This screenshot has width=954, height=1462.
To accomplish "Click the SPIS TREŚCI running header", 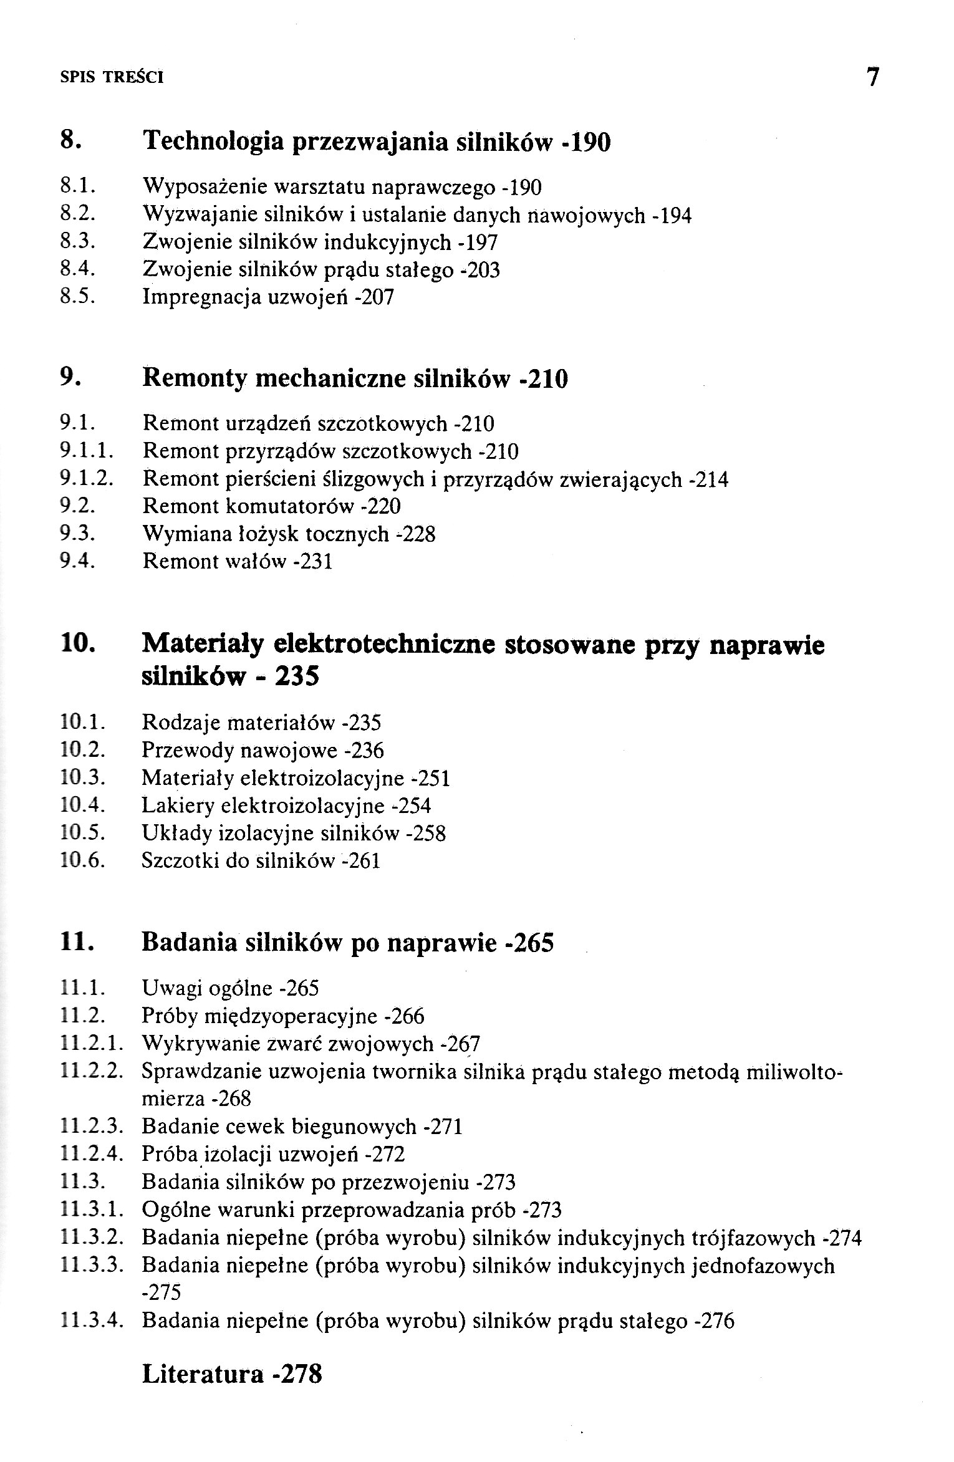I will point(112,78).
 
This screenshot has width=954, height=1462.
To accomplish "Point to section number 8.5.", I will point(77,297).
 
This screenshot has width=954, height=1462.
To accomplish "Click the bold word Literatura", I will point(203,1374).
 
